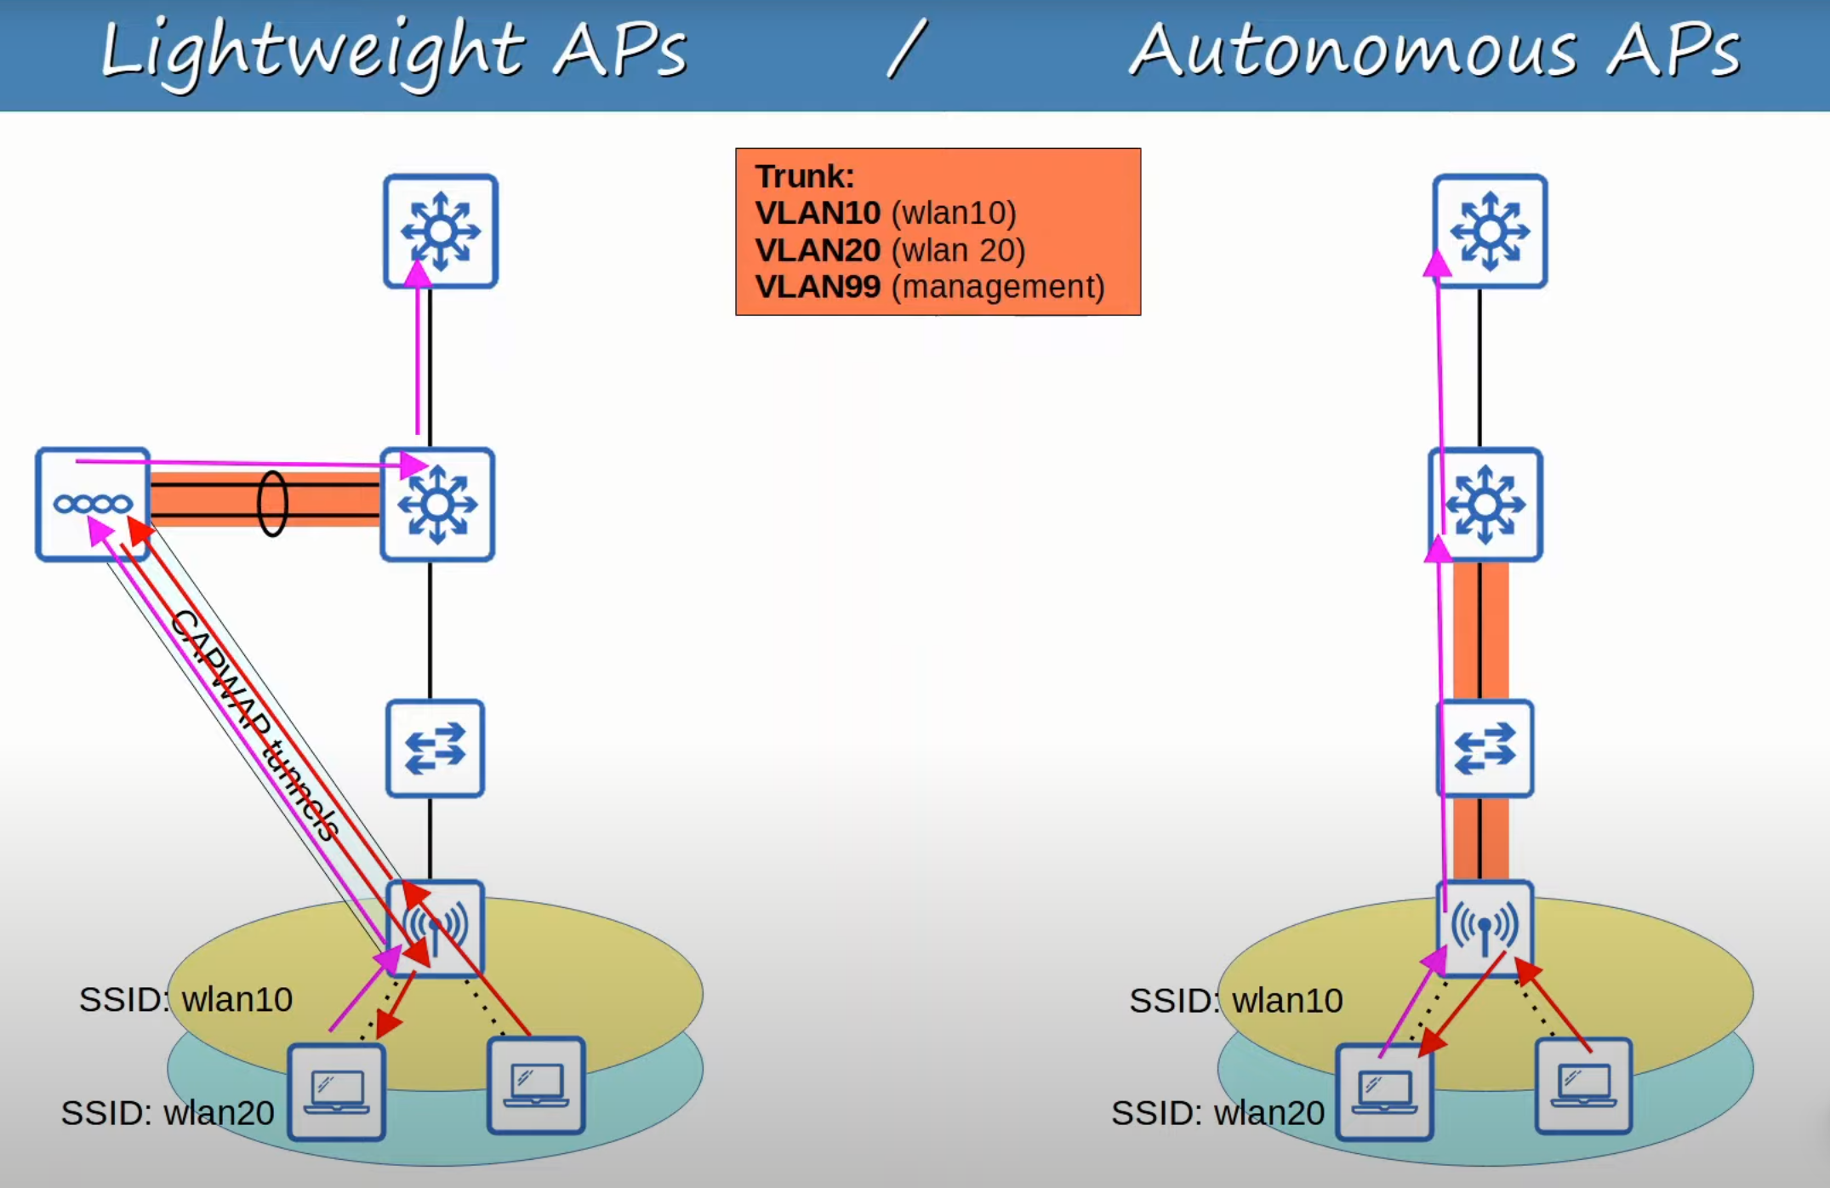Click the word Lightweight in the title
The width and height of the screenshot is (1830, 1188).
coord(311,51)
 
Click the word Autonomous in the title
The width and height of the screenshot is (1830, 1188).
coord(1353,51)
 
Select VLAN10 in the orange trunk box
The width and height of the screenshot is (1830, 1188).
coord(817,213)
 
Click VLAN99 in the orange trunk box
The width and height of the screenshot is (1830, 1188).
coord(817,287)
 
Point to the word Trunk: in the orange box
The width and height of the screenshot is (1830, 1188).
coord(804,176)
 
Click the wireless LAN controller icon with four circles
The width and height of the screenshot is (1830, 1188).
coord(93,504)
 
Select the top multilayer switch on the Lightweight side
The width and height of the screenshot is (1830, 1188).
coord(440,231)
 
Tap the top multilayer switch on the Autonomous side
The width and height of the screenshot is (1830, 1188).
coord(1489,231)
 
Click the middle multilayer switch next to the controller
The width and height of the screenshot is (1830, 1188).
coord(437,504)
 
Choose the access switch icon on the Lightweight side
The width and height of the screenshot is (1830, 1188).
coord(435,748)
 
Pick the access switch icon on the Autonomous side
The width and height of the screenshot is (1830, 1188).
coord(1485,748)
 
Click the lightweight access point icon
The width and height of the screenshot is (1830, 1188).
coord(436,926)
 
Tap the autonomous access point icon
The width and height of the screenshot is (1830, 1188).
coord(1485,926)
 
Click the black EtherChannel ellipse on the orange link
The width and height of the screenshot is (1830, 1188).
coord(272,503)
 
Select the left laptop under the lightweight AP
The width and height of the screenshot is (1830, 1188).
coord(337,1092)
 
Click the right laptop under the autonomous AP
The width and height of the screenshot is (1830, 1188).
coord(1583,1087)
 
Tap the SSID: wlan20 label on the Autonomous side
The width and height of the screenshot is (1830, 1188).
coord(1217,1113)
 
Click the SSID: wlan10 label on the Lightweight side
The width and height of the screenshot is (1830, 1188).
coord(185,999)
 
